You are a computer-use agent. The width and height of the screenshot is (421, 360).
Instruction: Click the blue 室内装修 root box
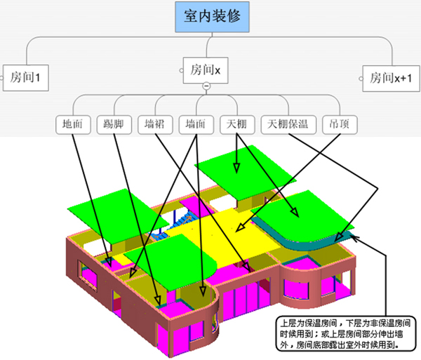212,17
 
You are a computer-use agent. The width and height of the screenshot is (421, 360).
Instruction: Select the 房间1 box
26,78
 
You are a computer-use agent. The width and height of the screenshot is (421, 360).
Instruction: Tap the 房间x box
206,70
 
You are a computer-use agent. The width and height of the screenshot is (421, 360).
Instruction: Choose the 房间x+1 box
391,79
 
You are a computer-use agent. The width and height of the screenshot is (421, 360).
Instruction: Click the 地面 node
73,125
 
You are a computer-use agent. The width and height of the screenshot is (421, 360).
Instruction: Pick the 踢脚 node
114,125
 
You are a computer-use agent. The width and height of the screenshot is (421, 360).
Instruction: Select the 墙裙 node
155,125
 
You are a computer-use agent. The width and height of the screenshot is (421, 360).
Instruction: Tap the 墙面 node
196,125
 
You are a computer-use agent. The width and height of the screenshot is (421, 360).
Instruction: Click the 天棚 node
237,125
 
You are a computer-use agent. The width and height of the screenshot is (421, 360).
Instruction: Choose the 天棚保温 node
288,125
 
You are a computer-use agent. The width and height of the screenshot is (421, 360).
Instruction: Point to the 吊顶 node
340,125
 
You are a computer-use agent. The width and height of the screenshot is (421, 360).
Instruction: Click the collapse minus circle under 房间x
206,86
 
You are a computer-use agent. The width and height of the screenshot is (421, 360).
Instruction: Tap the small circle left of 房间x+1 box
361,79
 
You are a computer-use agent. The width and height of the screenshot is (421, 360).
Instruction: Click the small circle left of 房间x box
182,71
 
